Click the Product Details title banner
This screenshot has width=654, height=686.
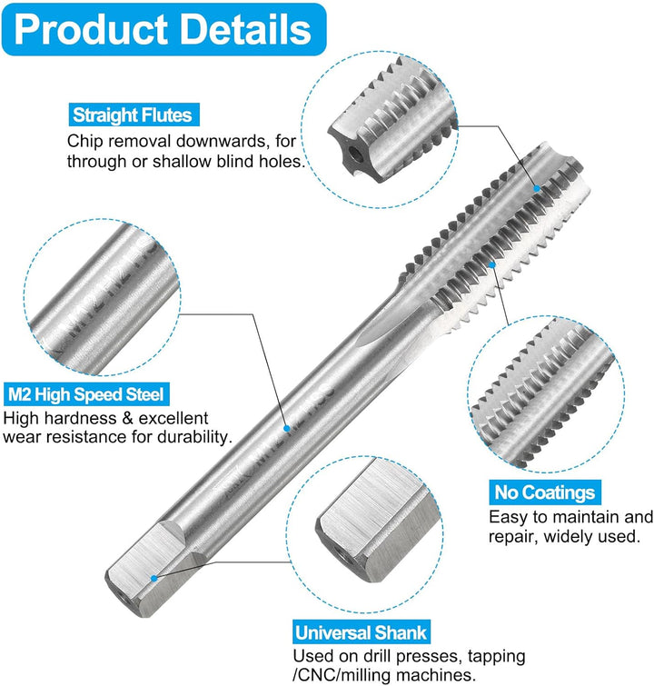(163, 29)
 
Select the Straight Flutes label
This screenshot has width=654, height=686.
(134, 115)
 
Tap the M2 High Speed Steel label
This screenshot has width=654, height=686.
(86, 394)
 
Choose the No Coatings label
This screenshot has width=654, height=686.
(545, 492)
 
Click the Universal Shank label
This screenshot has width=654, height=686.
(361, 632)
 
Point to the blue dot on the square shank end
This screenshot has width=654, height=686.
(154, 579)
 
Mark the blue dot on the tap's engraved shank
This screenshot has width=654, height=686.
(286, 428)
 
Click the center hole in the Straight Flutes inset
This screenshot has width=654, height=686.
(355, 154)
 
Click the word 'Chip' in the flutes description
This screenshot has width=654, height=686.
(84, 142)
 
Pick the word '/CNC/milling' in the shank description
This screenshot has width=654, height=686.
(343, 674)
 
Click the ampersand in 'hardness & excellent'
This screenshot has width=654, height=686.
(128, 418)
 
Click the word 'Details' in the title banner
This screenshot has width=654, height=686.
(245, 29)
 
